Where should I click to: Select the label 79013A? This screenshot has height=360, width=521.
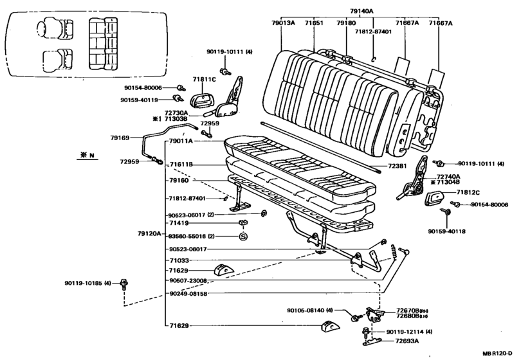click(x=283, y=23)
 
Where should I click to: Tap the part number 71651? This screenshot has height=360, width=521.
click(x=314, y=23)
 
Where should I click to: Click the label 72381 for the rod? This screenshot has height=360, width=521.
click(x=398, y=166)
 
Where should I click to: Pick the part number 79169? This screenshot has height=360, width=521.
click(x=120, y=137)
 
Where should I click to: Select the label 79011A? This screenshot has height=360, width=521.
click(x=183, y=141)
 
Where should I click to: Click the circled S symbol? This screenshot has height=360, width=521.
click(x=244, y=237)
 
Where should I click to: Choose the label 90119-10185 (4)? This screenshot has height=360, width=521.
click(x=87, y=282)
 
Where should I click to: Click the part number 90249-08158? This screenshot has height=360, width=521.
click(x=188, y=294)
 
